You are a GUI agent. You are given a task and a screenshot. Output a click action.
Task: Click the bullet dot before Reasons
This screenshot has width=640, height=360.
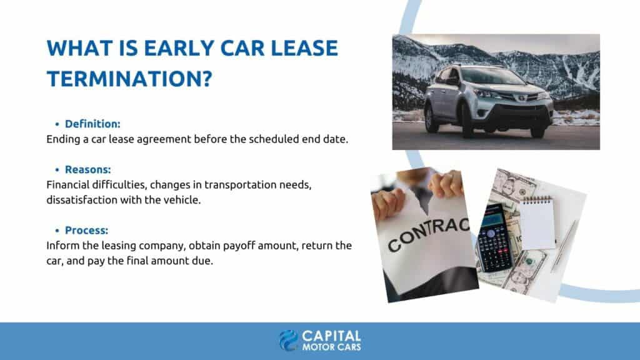pyautogui.click(x=57, y=170)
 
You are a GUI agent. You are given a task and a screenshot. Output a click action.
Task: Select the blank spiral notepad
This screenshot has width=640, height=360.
pyautogui.click(x=536, y=222)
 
